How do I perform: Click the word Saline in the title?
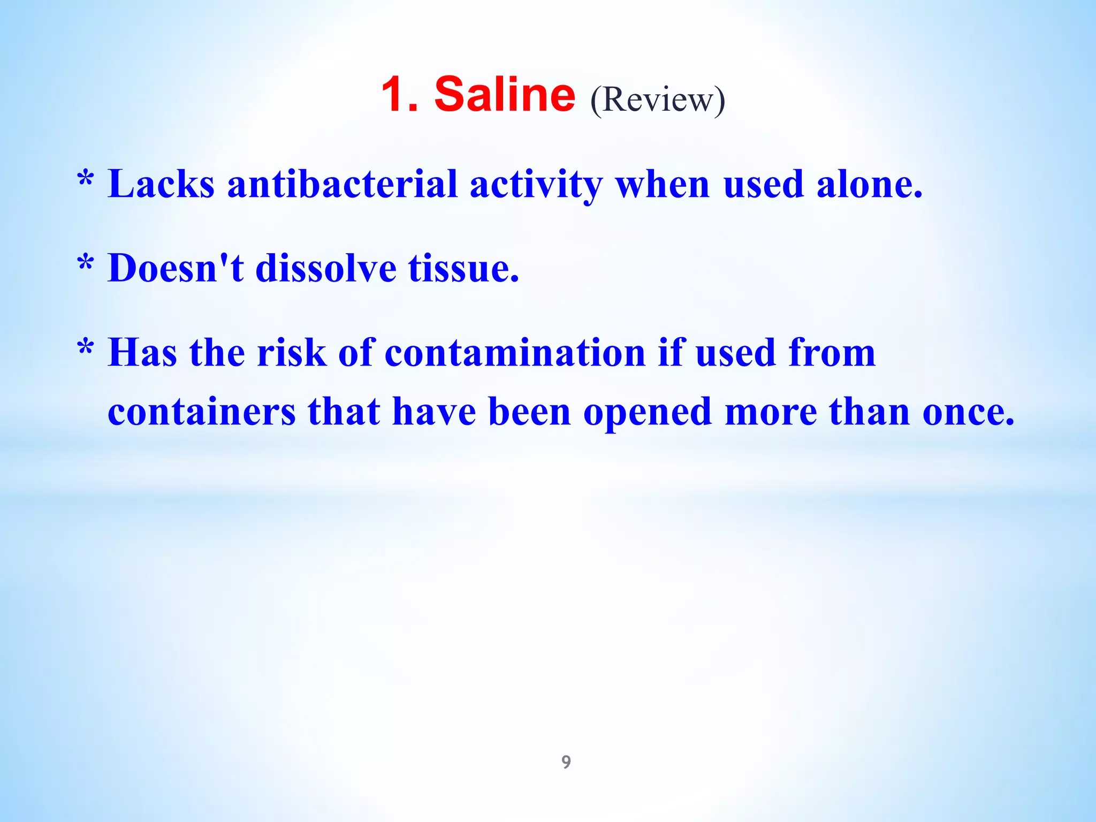coord(504,94)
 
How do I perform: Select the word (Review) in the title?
coord(658,100)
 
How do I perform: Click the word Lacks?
coord(161,184)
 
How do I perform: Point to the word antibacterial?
coord(342,184)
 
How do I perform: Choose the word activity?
coord(536,185)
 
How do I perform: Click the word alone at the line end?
coord(869,184)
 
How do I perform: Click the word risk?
coord(292,353)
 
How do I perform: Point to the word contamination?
coord(515,353)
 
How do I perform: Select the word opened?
coord(647,414)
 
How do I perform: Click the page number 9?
coord(566,762)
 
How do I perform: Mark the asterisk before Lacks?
coord(86,179)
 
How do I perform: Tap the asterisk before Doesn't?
coord(86,263)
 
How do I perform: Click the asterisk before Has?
coord(86,348)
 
